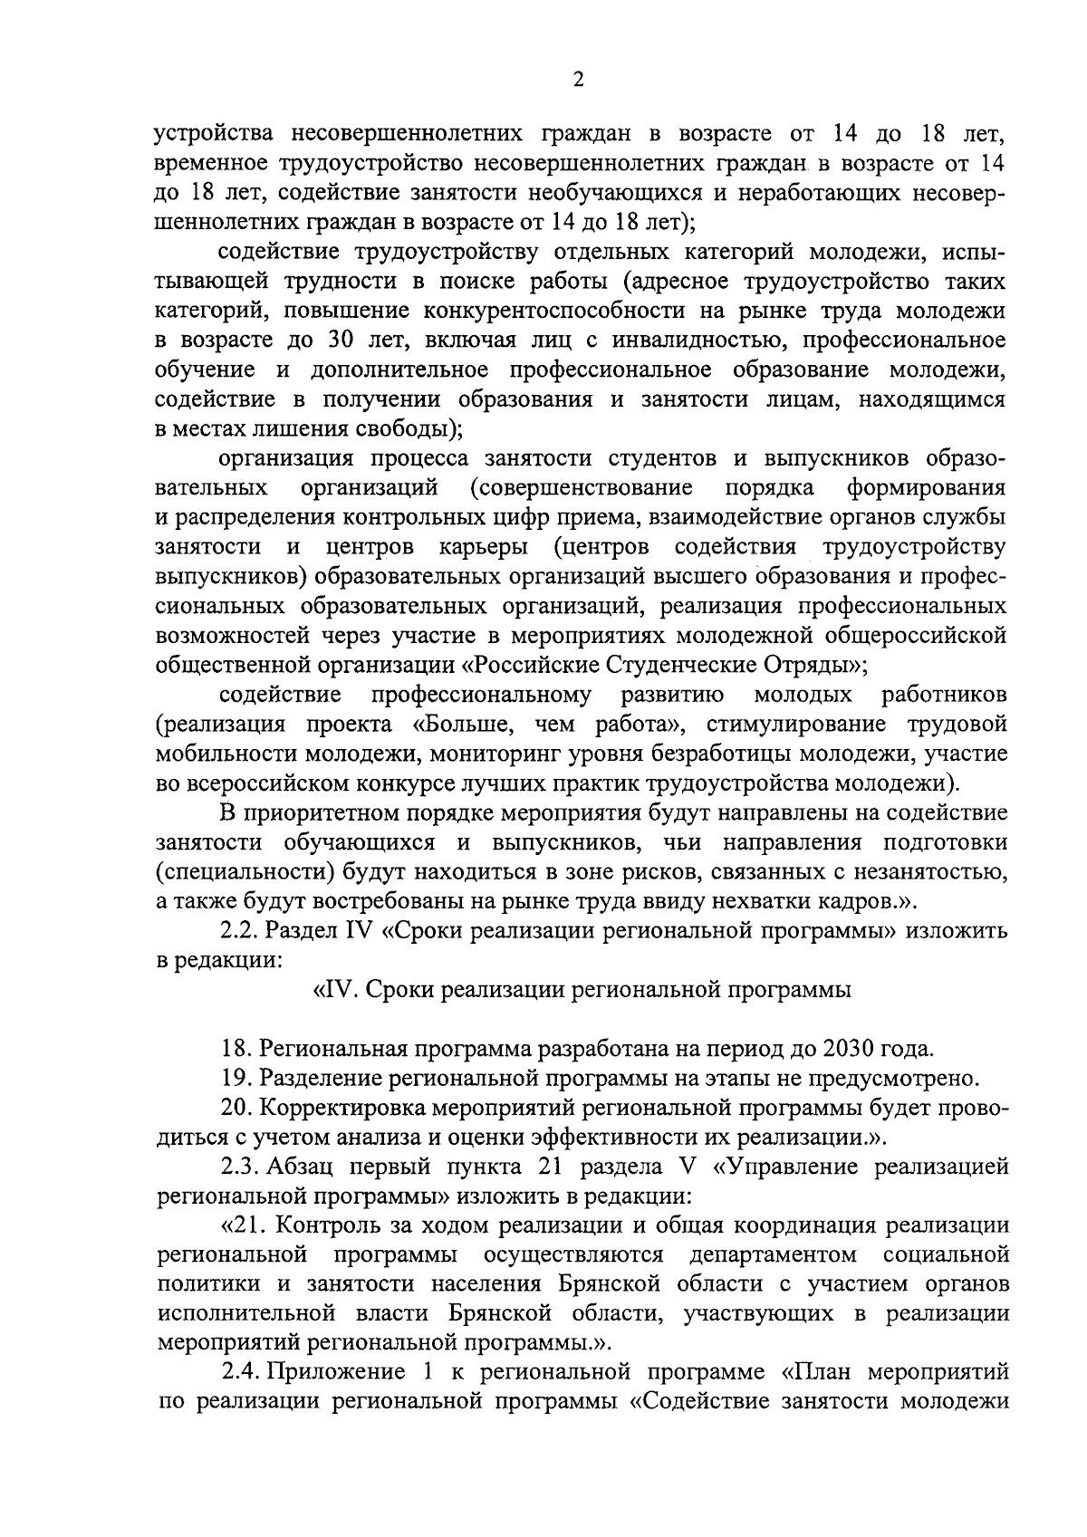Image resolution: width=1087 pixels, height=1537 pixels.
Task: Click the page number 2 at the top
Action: pyautogui.click(x=578, y=80)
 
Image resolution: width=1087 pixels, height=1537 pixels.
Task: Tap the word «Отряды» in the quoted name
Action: pyautogui.click(x=812, y=665)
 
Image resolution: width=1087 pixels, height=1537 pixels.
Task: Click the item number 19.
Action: pyautogui.click(x=237, y=1078)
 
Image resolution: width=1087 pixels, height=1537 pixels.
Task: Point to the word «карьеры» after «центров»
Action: pyautogui.click(x=483, y=547)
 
